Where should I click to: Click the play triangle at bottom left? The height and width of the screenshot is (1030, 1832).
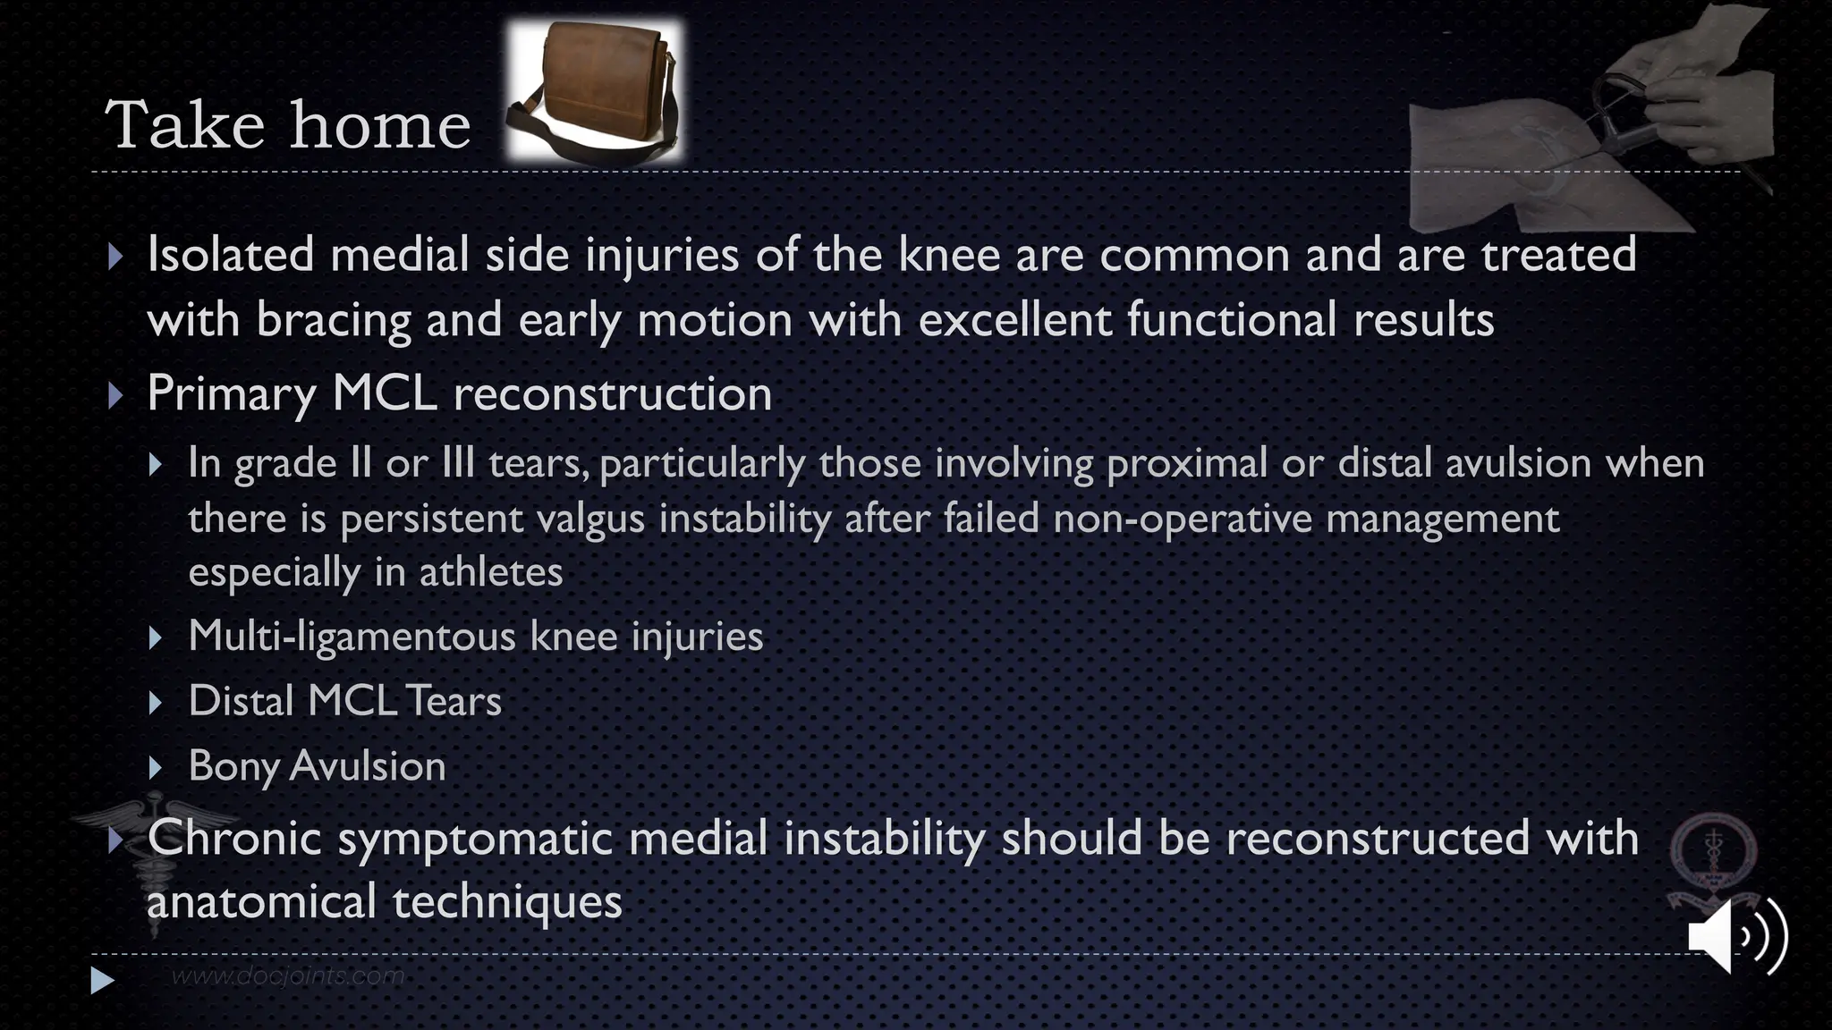click(102, 981)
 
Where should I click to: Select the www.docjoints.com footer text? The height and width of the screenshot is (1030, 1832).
click(287, 975)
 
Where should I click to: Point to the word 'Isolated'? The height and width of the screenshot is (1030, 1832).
click(230, 254)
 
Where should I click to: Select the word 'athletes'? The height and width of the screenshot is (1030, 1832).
click(491, 572)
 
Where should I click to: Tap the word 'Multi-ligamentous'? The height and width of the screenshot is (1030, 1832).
click(351, 637)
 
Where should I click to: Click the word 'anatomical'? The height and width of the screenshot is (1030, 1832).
click(260, 901)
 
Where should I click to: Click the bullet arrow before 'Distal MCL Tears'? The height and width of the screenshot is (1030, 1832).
click(156, 703)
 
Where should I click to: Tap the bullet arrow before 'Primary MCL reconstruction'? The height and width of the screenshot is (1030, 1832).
click(114, 394)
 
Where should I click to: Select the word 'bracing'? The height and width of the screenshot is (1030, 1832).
click(333, 320)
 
